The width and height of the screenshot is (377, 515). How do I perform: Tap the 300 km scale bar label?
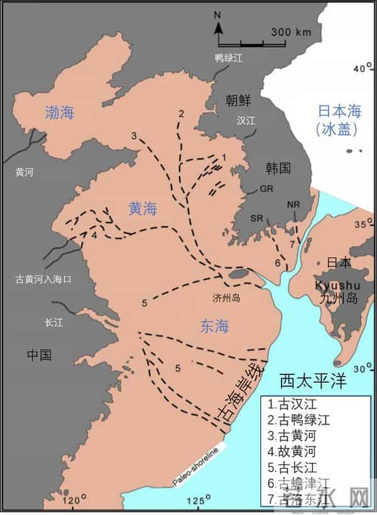(x=292, y=31)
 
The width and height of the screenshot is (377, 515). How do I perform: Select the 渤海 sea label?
(x=60, y=113)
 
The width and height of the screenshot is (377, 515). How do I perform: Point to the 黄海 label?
(x=142, y=210)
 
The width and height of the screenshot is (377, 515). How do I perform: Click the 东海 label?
(x=214, y=326)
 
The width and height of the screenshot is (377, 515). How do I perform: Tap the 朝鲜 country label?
(x=239, y=100)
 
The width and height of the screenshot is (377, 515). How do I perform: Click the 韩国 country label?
(x=277, y=168)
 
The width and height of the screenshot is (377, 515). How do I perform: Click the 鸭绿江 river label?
(x=229, y=58)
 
